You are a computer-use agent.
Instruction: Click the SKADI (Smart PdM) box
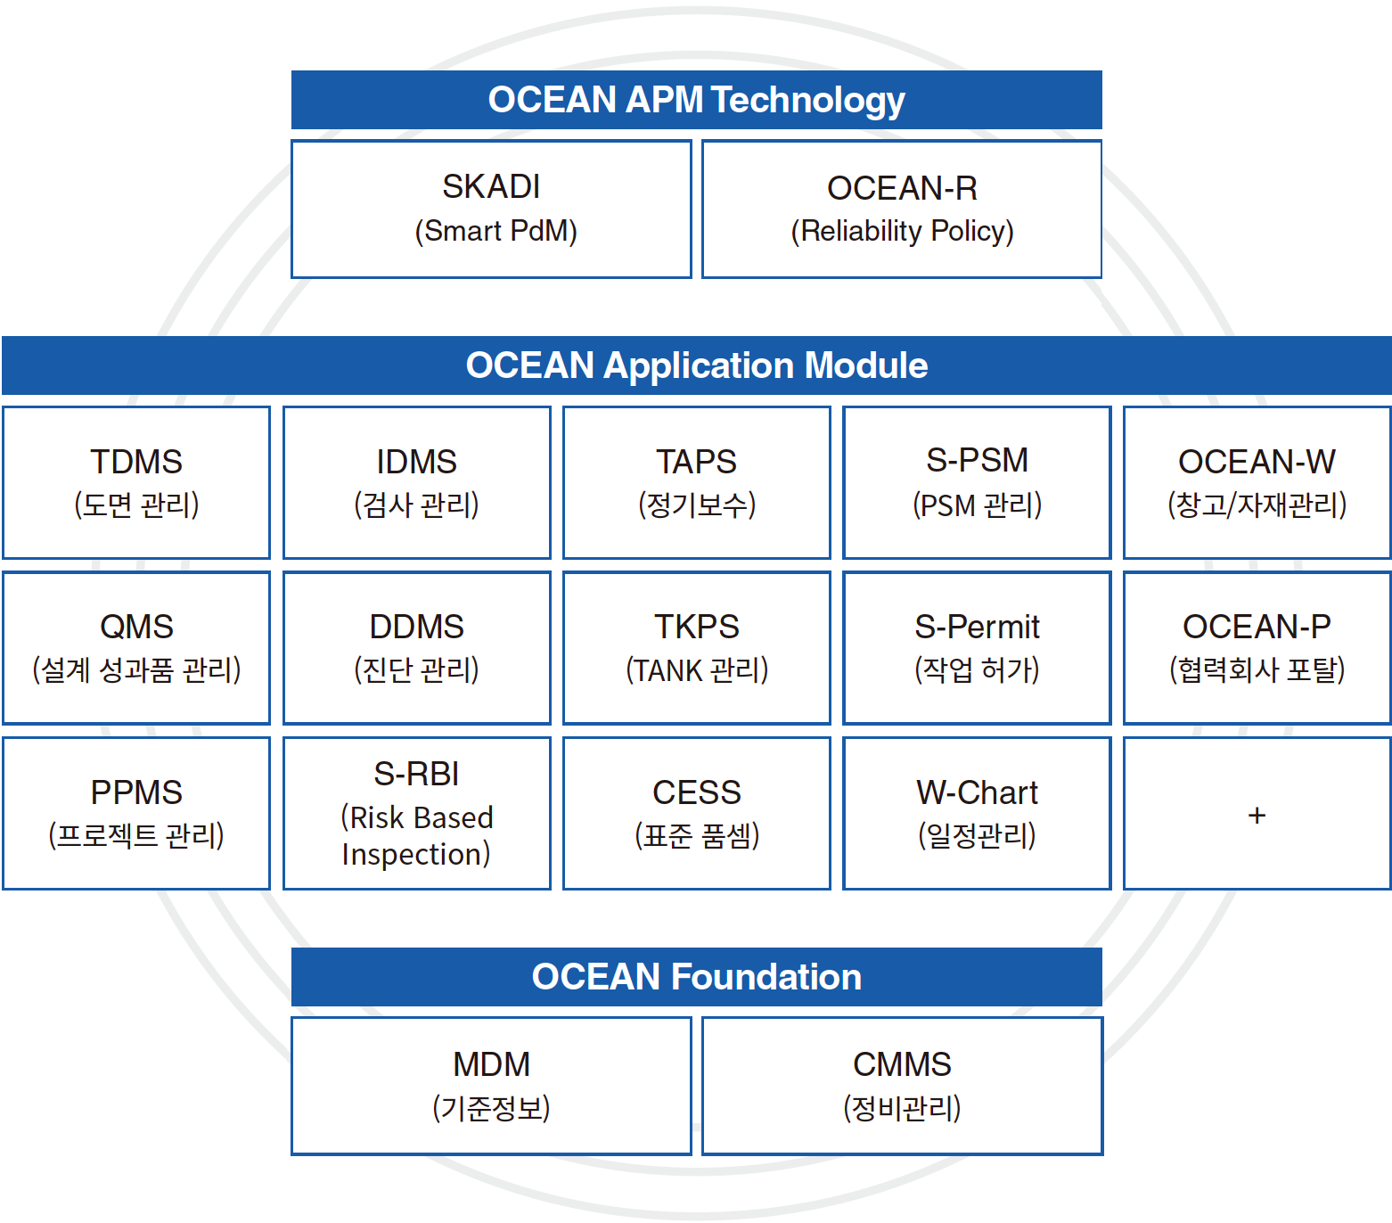coord(491,209)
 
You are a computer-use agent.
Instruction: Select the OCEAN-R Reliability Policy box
coord(902,209)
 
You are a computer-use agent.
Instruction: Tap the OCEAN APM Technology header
coord(697,100)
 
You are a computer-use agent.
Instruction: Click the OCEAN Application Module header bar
coord(697,365)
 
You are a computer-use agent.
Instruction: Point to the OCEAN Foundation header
coord(697,977)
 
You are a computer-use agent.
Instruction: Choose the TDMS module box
coord(136,483)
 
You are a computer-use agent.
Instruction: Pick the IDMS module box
coord(417,483)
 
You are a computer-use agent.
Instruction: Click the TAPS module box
coord(697,483)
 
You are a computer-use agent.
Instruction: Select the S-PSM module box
coord(977,483)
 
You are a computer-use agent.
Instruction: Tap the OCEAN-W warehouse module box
coord(1257,483)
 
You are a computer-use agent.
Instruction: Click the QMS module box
coord(136,648)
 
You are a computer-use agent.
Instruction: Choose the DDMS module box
coord(417,648)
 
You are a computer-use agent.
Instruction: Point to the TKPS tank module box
coord(697,648)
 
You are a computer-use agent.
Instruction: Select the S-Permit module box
coord(977,648)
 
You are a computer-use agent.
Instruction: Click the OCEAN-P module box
coord(1257,648)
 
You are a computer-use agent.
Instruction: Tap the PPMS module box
coord(136,813)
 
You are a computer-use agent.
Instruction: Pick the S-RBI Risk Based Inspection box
coord(417,813)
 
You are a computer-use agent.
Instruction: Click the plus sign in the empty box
coord(1257,815)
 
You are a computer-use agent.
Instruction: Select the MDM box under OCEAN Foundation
coord(491,1086)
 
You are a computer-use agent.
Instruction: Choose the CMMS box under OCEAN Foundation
coord(902,1086)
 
